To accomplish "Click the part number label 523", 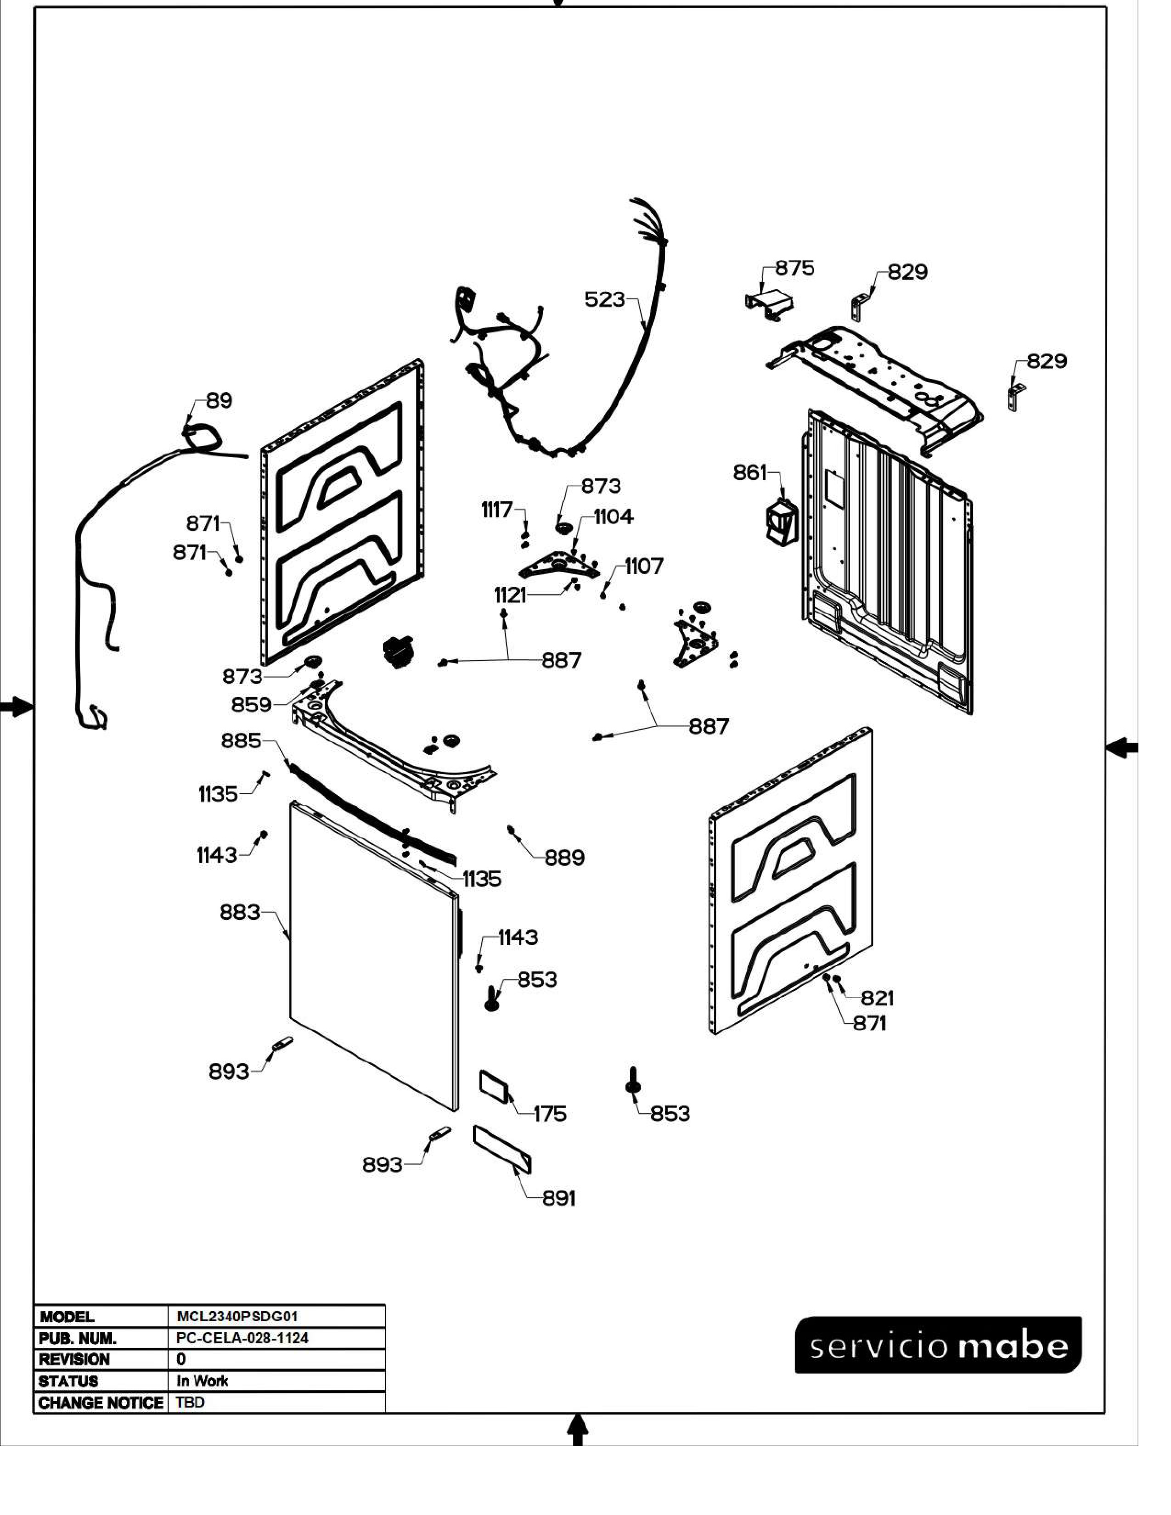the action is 604,300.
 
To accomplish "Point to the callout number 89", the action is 219,400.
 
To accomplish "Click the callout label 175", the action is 550,1114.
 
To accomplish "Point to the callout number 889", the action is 565,858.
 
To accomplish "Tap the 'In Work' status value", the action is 203,1381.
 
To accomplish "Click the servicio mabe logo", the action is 938,1344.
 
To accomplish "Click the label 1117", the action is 497,510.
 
